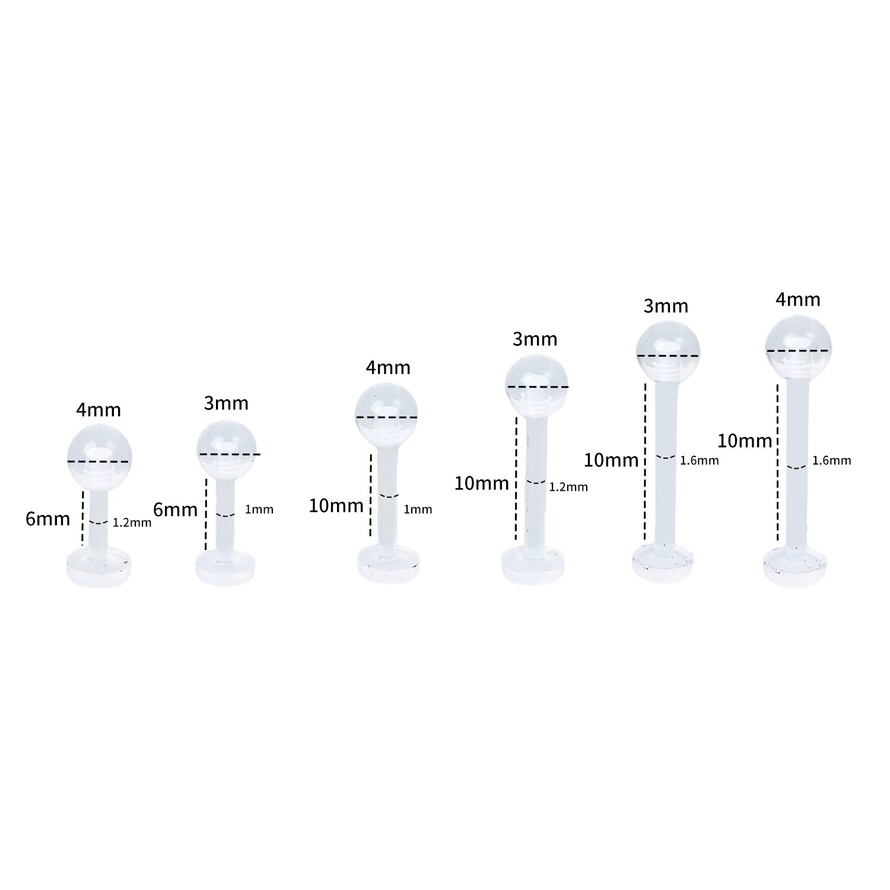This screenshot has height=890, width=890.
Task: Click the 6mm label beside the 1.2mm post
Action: tap(47, 519)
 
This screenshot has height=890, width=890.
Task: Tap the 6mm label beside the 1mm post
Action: tap(176, 510)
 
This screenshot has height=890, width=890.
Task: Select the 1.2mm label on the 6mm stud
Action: tap(132, 523)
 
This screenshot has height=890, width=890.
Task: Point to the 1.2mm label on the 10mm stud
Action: tap(568, 487)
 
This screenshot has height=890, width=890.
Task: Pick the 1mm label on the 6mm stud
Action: tap(259, 509)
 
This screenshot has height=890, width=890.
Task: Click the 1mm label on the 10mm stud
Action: tap(418, 509)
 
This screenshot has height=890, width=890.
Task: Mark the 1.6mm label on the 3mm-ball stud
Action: tap(700, 460)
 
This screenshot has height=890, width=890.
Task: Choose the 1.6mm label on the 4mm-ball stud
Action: tap(831, 460)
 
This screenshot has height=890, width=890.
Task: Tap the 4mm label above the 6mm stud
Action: tap(98, 410)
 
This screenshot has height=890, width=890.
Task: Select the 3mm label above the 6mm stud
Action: tap(226, 403)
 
